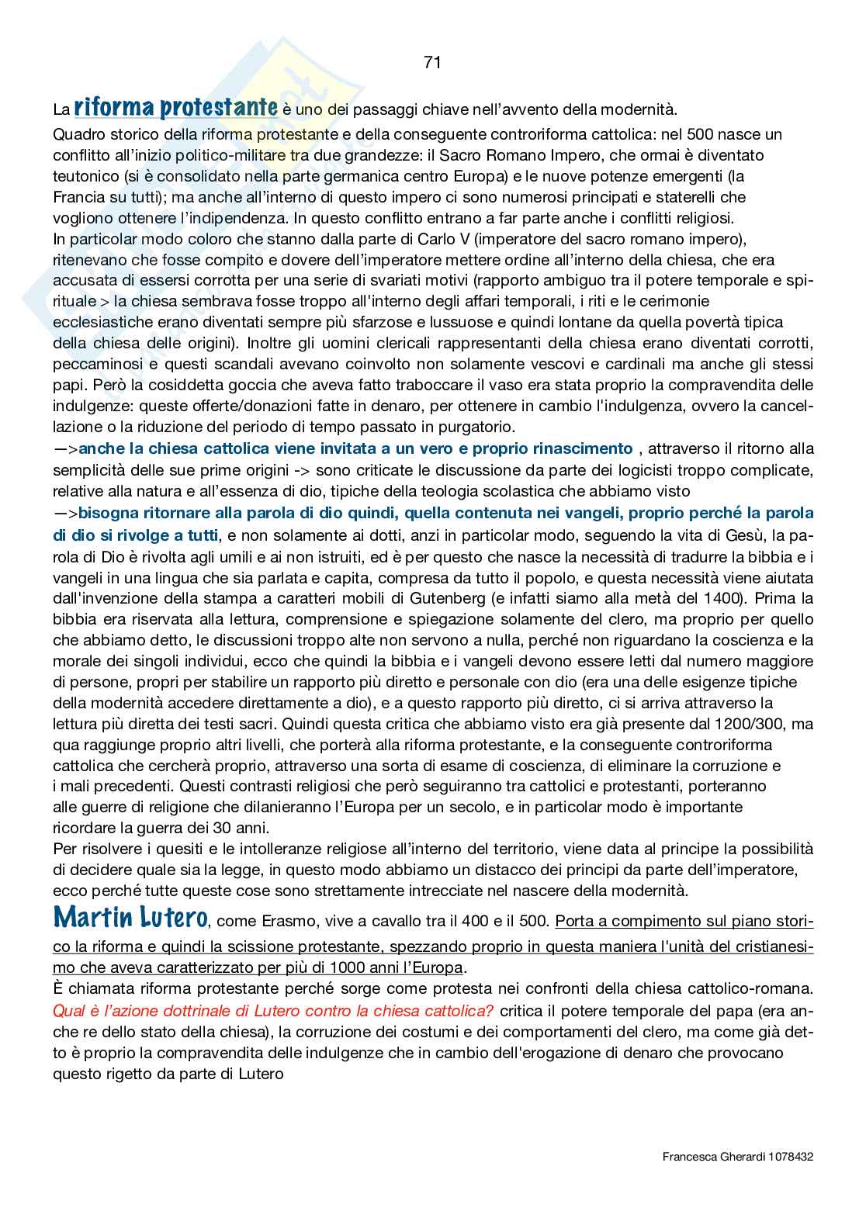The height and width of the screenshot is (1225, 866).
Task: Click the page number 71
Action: pyautogui.click(x=433, y=63)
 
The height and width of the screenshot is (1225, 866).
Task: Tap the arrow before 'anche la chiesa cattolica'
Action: pyautogui.click(x=66, y=448)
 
